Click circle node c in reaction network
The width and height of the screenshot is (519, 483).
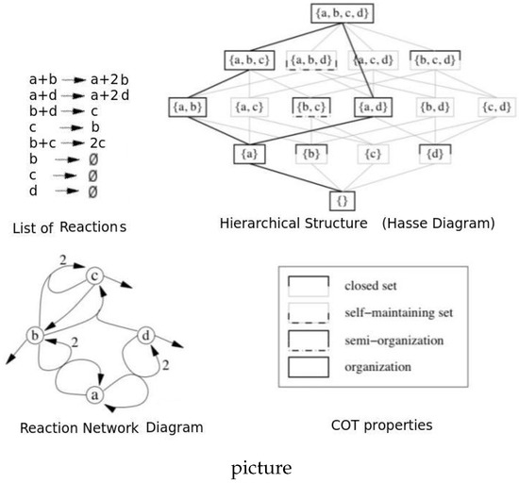[x=94, y=275]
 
